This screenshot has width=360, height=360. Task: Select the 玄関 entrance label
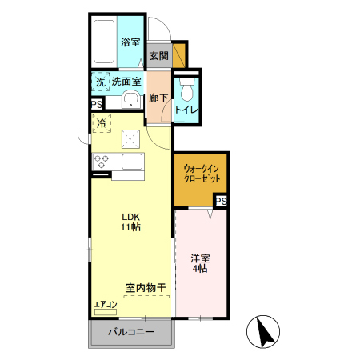(158, 56)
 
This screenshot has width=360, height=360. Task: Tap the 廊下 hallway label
(158, 98)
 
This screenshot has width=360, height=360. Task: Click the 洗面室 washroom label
(126, 82)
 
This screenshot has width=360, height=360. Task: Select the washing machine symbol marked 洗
(101, 82)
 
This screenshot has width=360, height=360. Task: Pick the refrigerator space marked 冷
(102, 123)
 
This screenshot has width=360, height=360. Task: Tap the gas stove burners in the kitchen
(102, 160)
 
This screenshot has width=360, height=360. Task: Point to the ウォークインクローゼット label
(200, 173)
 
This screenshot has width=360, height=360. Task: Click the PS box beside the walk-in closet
(222, 202)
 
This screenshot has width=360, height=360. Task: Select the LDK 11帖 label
(130, 222)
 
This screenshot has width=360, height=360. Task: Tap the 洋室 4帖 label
(200, 264)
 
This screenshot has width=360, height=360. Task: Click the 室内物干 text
(145, 287)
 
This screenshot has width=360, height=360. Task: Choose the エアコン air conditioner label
(105, 305)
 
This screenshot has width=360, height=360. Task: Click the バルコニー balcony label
(130, 332)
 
